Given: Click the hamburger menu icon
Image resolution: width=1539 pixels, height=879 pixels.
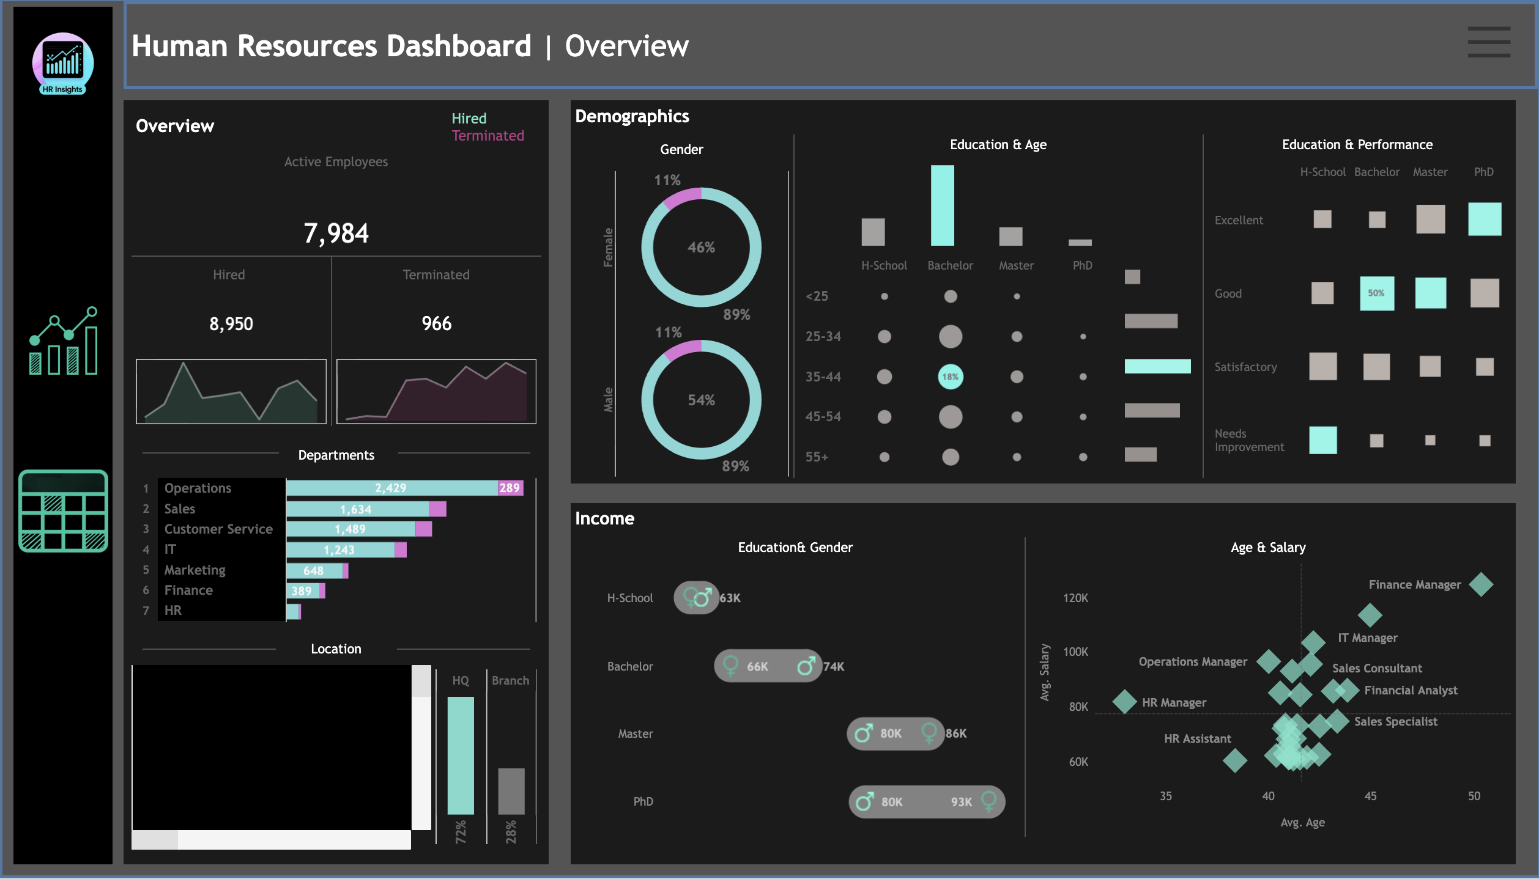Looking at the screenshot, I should point(1488,42).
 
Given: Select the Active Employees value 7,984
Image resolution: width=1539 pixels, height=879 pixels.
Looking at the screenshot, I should point(336,233).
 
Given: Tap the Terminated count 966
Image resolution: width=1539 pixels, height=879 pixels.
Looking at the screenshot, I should point(436,323).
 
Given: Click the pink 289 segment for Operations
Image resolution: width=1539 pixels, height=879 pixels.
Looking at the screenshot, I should point(510,488).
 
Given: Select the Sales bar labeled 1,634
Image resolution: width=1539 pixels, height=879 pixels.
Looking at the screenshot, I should point(357,509).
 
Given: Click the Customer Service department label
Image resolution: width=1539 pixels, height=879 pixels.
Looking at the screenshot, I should point(218,529).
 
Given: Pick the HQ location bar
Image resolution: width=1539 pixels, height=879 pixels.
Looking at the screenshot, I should point(461,755).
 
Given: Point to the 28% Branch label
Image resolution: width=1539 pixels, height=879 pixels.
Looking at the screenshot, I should point(511,832).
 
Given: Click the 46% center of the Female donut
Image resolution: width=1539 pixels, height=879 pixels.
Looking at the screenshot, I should point(701,248).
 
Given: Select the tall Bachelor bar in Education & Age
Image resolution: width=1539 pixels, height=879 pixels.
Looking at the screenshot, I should point(942,205).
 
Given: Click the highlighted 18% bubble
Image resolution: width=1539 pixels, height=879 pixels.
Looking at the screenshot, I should point(950,377).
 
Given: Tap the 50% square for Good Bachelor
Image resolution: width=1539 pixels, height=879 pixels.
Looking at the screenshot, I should point(1376,293).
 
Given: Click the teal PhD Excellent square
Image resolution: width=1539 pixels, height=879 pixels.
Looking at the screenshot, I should point(1484,219).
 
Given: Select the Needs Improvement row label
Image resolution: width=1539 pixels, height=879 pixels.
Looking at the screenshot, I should point(1248,440).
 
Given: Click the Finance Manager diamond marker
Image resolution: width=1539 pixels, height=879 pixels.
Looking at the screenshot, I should point(1481,584).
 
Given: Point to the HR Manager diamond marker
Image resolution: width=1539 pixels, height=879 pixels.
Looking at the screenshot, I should point(1124,702).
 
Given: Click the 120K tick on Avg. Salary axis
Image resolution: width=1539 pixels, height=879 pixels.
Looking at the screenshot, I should point(1075,598).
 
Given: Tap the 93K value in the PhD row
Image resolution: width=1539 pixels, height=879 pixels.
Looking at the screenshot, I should point(961,802).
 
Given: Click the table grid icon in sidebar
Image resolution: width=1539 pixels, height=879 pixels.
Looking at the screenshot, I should point(63,511).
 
